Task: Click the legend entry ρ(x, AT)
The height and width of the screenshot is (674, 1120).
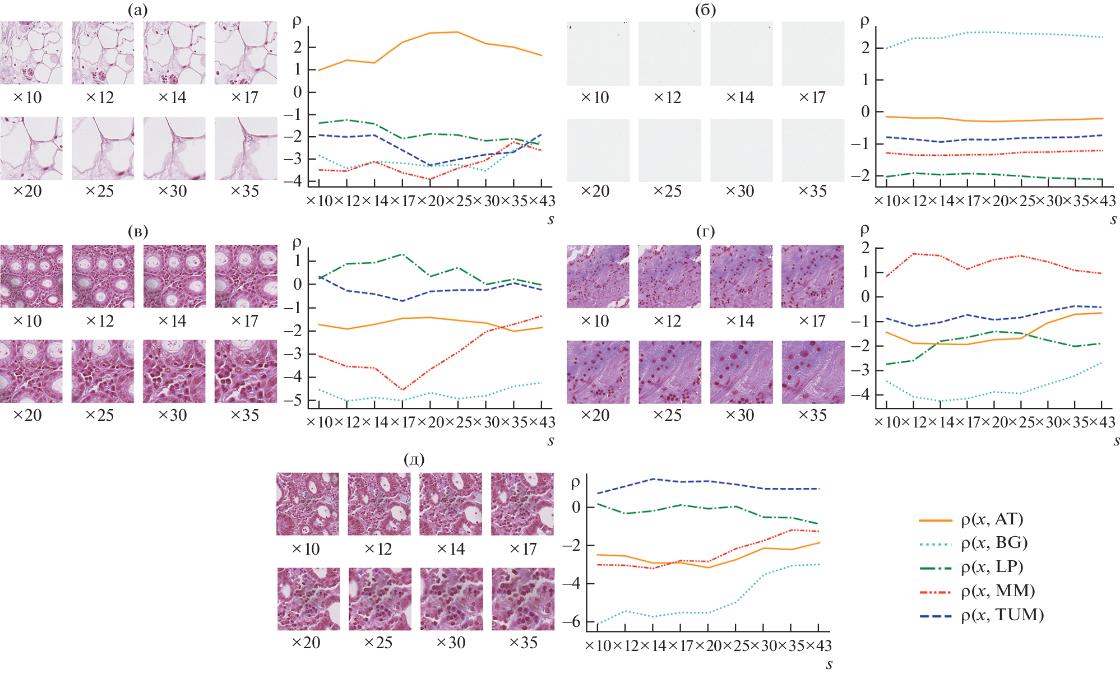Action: click(x=992, y=519)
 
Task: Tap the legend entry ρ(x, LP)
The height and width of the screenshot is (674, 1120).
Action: click(x=992, y=567)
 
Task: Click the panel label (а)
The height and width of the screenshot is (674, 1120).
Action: click(x=138, y=10)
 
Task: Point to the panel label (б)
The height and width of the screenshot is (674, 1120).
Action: click(x=705, y=10)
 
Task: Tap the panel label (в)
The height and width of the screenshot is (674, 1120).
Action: click(x=138, y=231)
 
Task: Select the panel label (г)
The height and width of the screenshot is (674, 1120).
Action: click(x=705, y=231)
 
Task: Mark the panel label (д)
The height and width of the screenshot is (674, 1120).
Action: click(x=414, y=459)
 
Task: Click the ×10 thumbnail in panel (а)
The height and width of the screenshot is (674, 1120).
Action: click(x=31, y=53)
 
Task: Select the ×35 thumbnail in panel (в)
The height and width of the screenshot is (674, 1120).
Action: click(x=246, y=371)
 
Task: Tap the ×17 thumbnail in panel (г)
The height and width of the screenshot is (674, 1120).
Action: click(x=812, y=276)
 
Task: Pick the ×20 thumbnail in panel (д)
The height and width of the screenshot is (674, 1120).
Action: click(x=308, y=599)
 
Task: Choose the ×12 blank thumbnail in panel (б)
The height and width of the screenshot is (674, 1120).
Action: click(x=669, y=54)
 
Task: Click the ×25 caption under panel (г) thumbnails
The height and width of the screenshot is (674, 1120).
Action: click(x=667, y=416)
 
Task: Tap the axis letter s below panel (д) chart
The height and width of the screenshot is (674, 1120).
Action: click(x=829, y=665)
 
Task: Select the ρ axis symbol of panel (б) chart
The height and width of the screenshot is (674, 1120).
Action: click(x=864, y=21)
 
